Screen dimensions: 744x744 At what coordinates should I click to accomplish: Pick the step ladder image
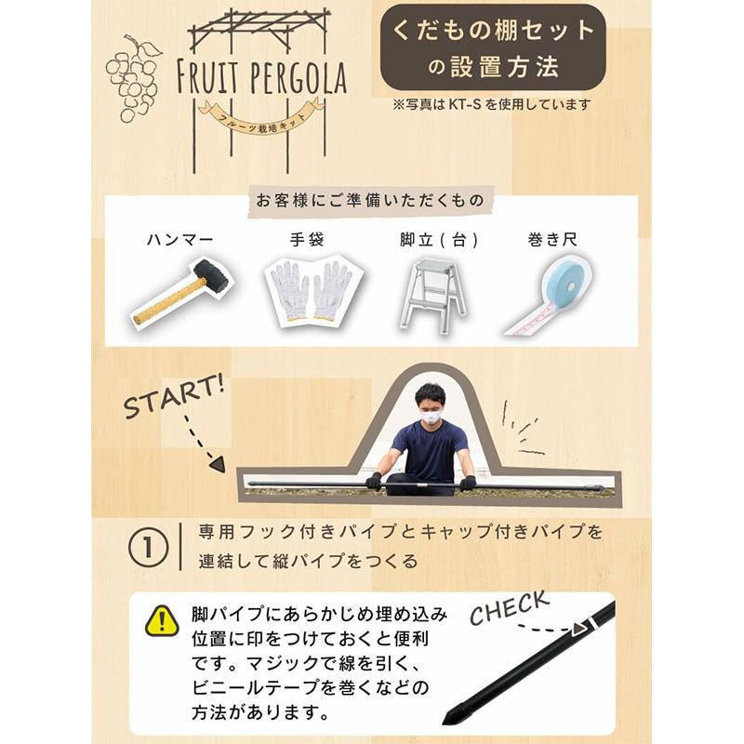pos(432,292)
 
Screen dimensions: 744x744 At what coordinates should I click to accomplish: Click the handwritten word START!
pos(175,397)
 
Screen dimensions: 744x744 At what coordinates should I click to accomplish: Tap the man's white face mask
pos(430,418)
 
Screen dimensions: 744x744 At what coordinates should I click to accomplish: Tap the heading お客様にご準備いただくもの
pos(372,200)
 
